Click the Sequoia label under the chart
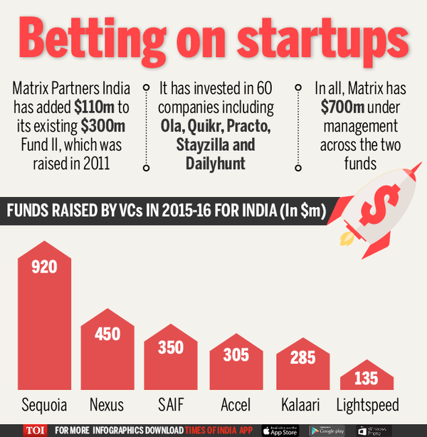pos(44,405)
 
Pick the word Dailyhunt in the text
pos(216,163)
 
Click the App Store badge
pos(283,430)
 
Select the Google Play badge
pos(328,430)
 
